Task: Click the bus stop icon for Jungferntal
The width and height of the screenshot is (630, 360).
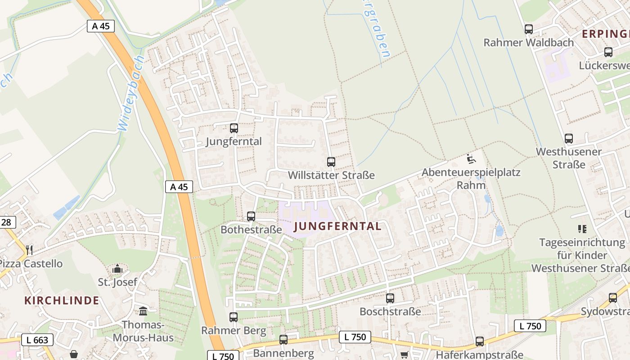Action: pyautogui.click(x=234, y=128)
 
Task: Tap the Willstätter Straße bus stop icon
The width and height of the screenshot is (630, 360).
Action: pyautogui.click(x=331, y=162)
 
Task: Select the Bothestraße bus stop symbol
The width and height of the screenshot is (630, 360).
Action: pyautogui.click(x=251, y=216)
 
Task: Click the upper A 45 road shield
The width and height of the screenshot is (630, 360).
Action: pyautogui.click(x=101, y=26)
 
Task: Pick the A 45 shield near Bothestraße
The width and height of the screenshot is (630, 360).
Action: pyautogui.click(x=179, y=187)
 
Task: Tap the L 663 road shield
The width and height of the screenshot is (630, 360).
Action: pyautogui.click(x=37, y=340)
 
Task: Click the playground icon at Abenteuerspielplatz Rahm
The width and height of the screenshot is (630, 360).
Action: pyautogui.click(x=471, y=159)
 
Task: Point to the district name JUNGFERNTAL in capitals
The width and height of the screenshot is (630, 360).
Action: pyautogui.click(x=337, y=226)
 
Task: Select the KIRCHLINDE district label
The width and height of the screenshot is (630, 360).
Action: pyautogui.click(x=62, y=301)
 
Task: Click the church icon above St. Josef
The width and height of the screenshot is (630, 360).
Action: pyautogui.click(x=117, y=269)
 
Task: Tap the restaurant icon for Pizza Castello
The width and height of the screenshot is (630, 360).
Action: pyautogui.click(x=29, y=250)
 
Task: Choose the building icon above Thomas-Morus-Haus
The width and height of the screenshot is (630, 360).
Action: pyautogui.click(x=143, y=311)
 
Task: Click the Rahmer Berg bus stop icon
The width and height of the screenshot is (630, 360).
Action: pyautogui.click(x=233, y=317)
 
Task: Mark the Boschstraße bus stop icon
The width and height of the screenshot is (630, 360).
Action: pyautogui.click(x=390, y=298)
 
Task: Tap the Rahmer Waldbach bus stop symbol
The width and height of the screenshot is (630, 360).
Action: pyautogui.click(x=529, y=29)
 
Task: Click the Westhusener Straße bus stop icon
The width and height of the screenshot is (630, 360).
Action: pyautogui.click(x=569, y=139)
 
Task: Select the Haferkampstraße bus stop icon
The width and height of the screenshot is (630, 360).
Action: pyautogui.click(x=480, y=342)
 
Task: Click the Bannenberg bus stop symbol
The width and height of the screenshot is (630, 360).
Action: pyautogui.click(x=283, y=340)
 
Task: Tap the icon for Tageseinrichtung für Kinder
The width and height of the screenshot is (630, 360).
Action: pyautogui.click(x=582, y=229)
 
